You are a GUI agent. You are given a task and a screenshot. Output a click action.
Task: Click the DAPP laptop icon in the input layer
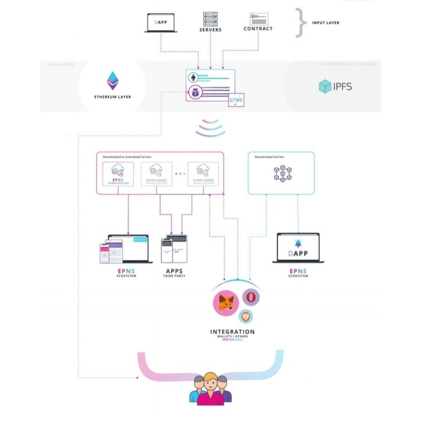click(x=161, y=22)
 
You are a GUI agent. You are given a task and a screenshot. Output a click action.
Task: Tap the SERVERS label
click(x=210, y=30)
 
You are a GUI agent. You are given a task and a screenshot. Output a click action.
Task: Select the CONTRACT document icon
click(x=259, y=19)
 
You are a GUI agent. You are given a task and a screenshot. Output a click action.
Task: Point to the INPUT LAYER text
click(x=326, y=23)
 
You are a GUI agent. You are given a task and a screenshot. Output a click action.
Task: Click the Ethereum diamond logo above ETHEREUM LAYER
click(x=113, y=81)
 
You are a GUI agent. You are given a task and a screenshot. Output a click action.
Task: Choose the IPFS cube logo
click(x=325, y=86)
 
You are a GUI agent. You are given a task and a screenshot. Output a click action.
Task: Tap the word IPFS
click(x=342, y=86)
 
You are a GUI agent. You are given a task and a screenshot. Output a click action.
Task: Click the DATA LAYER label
click(x=61, y=64)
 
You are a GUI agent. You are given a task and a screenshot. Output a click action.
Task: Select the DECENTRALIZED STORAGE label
click(x=349, y=64)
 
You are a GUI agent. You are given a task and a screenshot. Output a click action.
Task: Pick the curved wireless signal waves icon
click(x=210, y=128)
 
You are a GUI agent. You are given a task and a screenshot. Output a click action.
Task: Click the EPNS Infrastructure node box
click(x=118, y=174)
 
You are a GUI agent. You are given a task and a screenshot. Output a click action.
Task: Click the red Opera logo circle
click(x=251, y=297)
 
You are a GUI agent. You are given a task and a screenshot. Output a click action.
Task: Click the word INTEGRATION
click(x=232, y=332)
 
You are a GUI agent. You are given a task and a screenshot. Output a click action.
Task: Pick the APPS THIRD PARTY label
click(x=174, y=272)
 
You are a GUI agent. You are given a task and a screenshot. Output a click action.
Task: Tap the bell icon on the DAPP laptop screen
click(x=298, y=242)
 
